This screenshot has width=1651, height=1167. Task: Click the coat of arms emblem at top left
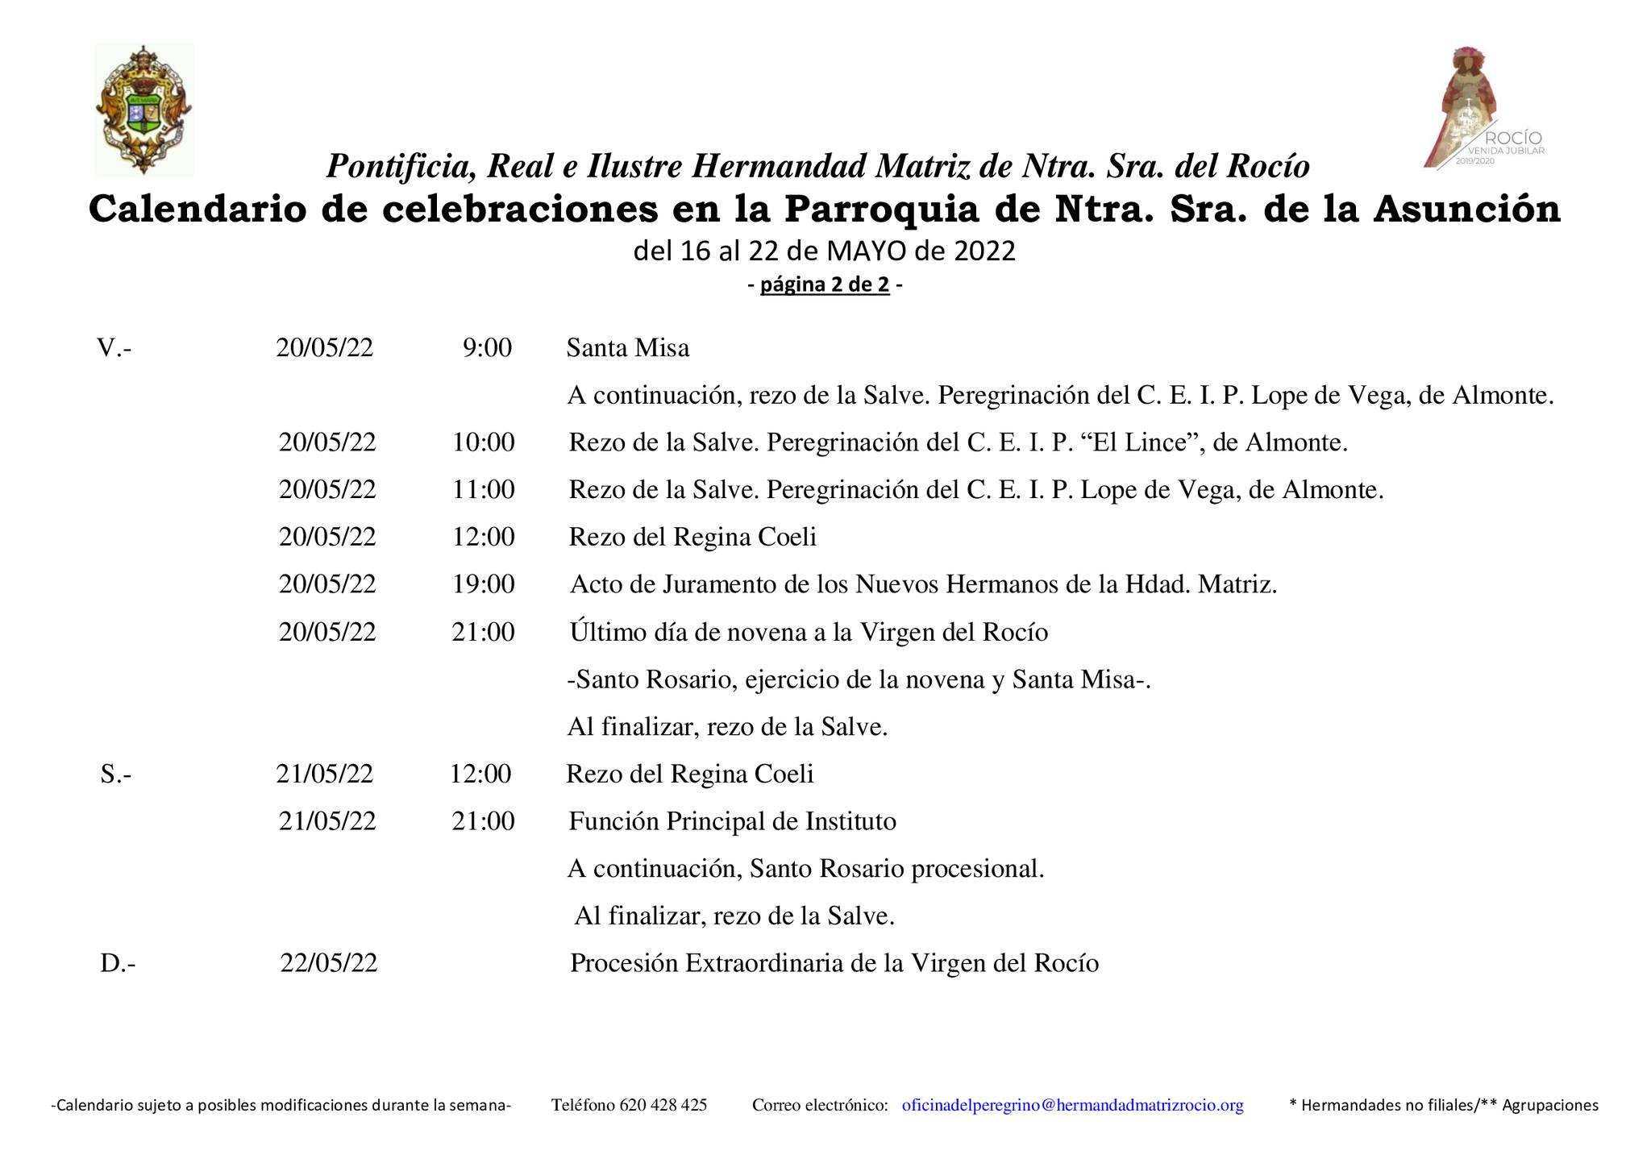tap(143, 110)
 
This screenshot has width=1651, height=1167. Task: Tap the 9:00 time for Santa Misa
tap(487, 348)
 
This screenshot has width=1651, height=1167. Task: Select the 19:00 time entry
tap(483, 584)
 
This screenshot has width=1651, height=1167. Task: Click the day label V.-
tap(114, 348)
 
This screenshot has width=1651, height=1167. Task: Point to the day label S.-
tap(116, 775)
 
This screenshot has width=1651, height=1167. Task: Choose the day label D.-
tap(118, 963)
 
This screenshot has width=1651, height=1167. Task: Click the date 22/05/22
tap(329, 963)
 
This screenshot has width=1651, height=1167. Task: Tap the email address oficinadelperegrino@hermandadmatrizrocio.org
tap(1072, 1105)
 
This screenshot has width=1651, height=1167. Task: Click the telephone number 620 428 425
tap(663, 1105)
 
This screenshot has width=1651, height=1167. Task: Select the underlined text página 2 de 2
tap(825, 284)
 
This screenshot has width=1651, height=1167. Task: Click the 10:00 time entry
tap(483, 442)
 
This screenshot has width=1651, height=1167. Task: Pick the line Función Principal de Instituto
tap(732, 821)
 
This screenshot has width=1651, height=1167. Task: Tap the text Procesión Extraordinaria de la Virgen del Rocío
tap(834, 963)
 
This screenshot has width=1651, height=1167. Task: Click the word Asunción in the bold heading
tap(1466, 210)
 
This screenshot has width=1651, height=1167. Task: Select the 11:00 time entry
tap(483, 490)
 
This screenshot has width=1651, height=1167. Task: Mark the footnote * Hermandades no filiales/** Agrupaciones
tap(1443, 1105)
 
